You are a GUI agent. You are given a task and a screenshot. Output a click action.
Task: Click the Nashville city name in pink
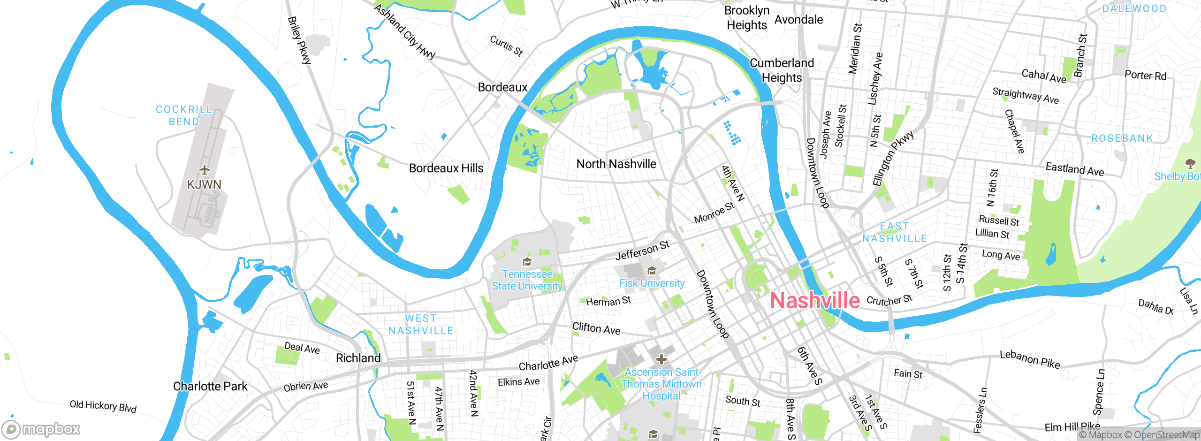(x=815, y=301)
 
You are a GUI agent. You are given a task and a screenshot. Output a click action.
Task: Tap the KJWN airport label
(x=204, y=184)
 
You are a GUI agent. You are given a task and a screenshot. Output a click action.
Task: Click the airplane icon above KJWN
(x=204, y=169)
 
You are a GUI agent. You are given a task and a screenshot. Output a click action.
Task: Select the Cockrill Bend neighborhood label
(x=184, y=115)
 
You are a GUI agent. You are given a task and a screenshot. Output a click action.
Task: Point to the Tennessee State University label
(x=527, y=280)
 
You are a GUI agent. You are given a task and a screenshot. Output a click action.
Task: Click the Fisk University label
(x=652, y=283)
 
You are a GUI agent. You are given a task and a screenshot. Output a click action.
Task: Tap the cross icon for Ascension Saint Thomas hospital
(x=661, y=360)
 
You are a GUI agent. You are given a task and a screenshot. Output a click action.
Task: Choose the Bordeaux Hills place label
(x=446, y=168)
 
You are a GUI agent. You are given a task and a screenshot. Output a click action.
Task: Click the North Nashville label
(x=616, y=164)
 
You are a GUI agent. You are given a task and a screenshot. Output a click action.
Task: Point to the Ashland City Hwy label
(x=404, y=32)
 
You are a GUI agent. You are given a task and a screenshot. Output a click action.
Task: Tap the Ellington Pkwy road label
(x=893, y=159)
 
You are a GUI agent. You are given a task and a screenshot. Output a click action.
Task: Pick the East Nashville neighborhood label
(x=894, y=233)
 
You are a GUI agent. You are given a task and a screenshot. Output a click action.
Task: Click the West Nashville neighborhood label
(x=421, y=325)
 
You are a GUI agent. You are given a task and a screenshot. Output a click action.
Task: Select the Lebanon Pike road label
(x=1029, y=359)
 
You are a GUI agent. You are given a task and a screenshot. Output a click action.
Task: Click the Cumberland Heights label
(x=782, y=70)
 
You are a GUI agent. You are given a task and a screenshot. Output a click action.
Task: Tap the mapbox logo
(x=41, y=429)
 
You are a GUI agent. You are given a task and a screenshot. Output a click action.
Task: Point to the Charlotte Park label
(x=210, y=386)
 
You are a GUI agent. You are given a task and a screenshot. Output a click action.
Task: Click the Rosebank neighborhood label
(x=1122, y=138)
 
